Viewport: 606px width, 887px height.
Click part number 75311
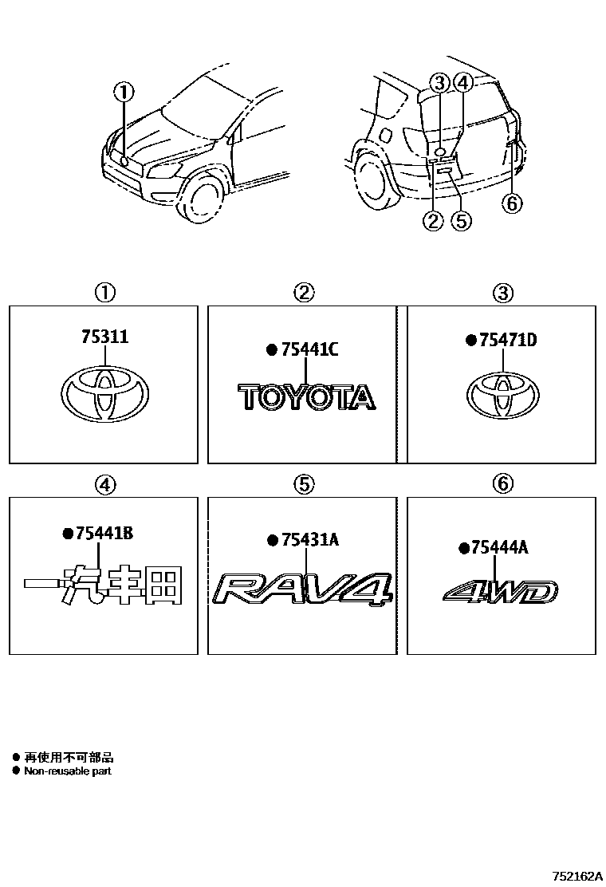104,338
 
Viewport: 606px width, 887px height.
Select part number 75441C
310,350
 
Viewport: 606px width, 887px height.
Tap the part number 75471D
508,341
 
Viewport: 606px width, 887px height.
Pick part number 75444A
499,547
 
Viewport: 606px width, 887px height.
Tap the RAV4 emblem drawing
303,590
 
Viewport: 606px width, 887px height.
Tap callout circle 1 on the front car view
124,93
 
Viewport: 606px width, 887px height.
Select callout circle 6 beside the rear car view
512,203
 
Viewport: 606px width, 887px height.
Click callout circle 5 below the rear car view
461,221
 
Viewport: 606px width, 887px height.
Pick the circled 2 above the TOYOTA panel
304,293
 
